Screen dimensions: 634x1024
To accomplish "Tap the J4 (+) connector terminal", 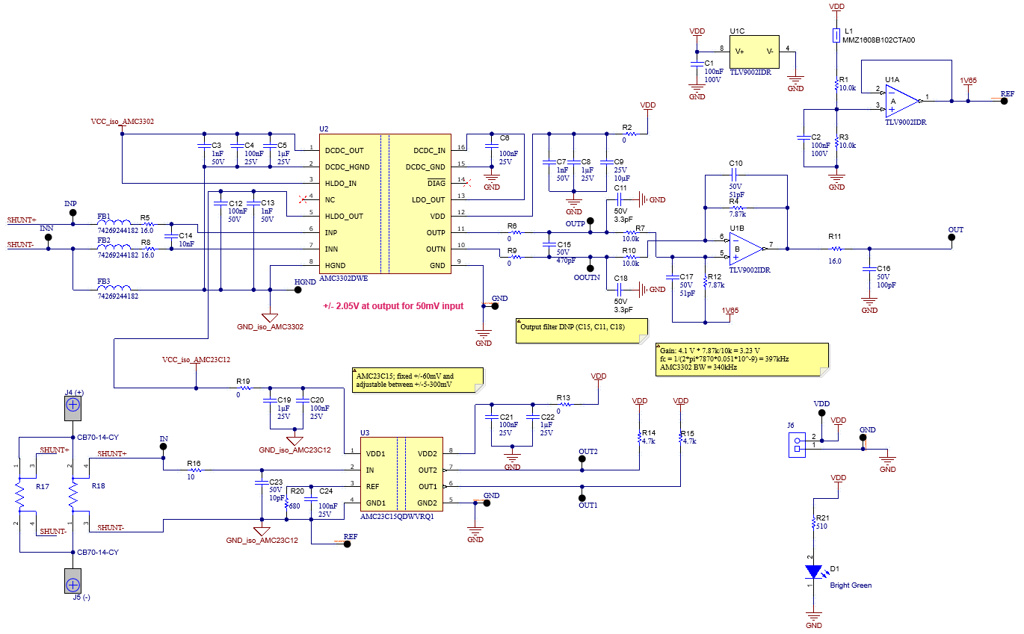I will [x=73, y=405].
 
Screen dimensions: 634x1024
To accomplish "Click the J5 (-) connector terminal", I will [x=73, y=583].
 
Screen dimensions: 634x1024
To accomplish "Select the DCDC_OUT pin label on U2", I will [x=345, y=151].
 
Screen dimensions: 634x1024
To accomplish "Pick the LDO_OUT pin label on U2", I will [x=429, y=200].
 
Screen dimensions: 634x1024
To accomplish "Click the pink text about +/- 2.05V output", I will [x=393, y=306].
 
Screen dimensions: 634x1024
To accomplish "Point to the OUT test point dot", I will [x=951, y=238].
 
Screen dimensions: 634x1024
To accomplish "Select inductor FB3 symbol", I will [x=114, y=288].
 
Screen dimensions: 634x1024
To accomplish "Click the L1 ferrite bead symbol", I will [x=836, y=35].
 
